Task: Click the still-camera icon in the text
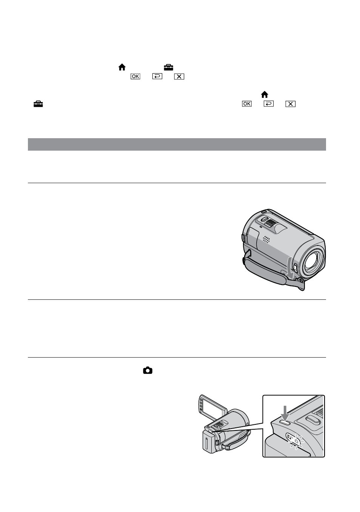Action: [x=148, y=370]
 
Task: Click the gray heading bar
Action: [x=177, y=144]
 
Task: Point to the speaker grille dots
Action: [x=266, y=239]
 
